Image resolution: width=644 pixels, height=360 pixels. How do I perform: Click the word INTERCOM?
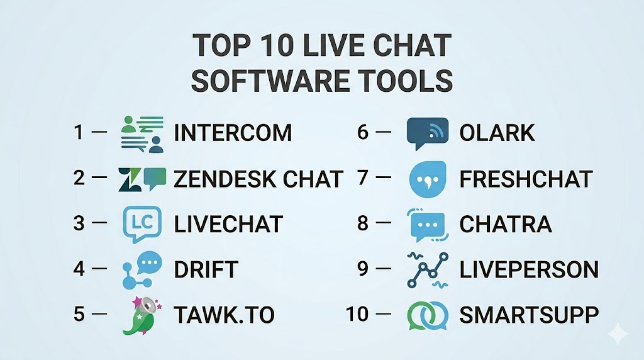pos(233,133)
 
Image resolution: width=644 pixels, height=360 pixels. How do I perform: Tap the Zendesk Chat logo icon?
pos(142,179)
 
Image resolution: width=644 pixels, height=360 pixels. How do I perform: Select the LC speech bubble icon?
pos(142,225)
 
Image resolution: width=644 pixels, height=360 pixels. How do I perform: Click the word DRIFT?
pos(206,269)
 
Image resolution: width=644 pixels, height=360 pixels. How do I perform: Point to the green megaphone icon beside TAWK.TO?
pos(142,315)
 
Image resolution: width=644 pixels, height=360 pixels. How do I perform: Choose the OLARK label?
pos(497,133)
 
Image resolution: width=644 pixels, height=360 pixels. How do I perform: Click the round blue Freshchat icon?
pos(428,179)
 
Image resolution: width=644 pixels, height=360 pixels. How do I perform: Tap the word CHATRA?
pos(505,224)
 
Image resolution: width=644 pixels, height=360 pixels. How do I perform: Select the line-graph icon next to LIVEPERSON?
pos(428,269)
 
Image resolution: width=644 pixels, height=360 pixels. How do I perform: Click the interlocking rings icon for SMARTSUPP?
pos(428,315)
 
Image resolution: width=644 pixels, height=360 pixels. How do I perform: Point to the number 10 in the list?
pos(357,315)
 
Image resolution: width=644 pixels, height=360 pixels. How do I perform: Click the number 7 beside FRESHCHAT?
pos(363,178)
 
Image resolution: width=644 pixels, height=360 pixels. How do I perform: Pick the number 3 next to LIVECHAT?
pos(79,223)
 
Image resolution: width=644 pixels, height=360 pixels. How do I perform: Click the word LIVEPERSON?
pos(528,269)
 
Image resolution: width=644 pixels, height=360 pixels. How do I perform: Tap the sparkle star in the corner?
pos(618,334)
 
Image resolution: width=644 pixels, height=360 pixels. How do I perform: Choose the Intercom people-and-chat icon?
pos(142,134)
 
